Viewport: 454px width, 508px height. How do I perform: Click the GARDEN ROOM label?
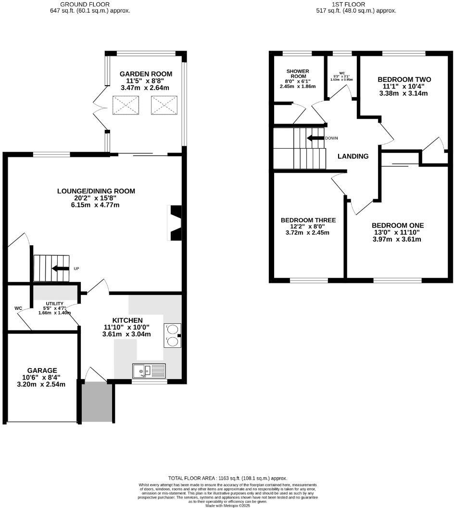tap(146, 74)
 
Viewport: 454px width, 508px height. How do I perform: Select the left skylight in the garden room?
tap(126, 105)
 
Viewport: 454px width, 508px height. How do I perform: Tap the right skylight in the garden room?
tap(164, 105)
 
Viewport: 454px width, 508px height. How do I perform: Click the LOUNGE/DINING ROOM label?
tap(96, 191)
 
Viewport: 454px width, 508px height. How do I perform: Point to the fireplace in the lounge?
tap(176, 223)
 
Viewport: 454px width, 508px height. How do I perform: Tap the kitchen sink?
tap(149, 370)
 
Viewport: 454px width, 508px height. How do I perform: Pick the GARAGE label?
tap(42, 370)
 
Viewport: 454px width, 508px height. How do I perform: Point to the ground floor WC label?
tap(18, 308)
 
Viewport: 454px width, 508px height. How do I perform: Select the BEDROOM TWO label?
tap(404, 79)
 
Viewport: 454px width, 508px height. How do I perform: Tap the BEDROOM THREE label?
tap(308, 220)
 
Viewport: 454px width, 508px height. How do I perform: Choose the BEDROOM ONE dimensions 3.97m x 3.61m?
tap(397, 239)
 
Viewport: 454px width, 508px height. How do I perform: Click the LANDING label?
tap(353, 156)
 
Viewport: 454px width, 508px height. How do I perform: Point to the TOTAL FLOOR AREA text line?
tap(227, 478)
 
